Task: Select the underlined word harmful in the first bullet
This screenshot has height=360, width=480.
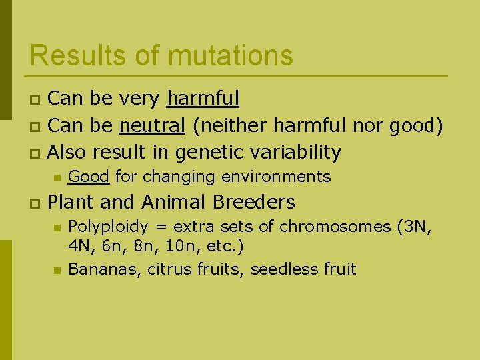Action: (203, 99)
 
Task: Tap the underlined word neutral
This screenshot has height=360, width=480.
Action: (152, 125)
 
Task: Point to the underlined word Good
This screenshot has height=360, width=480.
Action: (89, 177)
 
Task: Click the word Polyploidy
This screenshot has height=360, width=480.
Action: (107, 227)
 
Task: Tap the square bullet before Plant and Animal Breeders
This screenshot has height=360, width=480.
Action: (35, 203)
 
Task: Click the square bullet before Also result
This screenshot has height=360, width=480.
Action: (35, 153)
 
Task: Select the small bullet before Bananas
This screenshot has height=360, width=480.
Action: (57, 270)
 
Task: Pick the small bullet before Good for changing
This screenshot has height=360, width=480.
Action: (57, 177)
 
